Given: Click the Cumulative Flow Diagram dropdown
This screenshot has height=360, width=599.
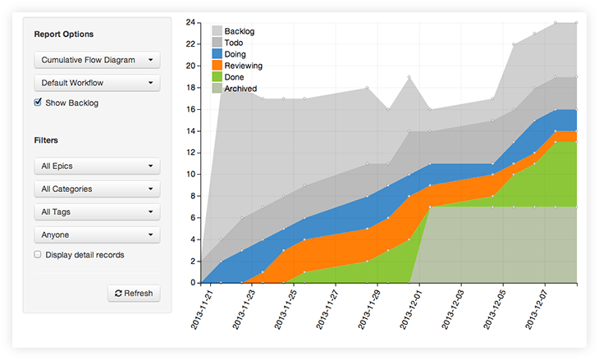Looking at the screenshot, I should [x=97, y=60].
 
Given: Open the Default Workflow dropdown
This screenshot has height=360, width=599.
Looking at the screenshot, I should [x=97, y=83].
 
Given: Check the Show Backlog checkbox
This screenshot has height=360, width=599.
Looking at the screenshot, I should [x=38, y=103].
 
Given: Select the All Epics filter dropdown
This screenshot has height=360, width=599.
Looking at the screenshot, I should [x=97, y=166].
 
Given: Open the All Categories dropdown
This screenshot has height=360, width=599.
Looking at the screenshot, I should [x=97, y=189].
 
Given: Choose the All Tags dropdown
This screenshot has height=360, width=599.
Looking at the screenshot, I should [x=97, y=212].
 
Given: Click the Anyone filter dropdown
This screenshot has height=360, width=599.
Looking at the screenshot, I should [x=97, y=235].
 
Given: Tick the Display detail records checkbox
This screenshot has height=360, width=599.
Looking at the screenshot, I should [x=38, y=254].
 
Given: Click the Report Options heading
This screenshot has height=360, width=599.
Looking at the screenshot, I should [x=63, y=34].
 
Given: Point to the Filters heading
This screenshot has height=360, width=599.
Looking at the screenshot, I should [x=46, y=140].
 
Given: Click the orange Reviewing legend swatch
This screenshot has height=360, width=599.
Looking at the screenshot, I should [x=217, y=65].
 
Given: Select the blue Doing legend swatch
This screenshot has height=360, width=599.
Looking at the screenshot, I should [x=217, y=53].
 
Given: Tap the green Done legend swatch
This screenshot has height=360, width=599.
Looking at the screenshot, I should [x=217, y=76].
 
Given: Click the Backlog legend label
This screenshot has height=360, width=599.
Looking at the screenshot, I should [x=239, y=31].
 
